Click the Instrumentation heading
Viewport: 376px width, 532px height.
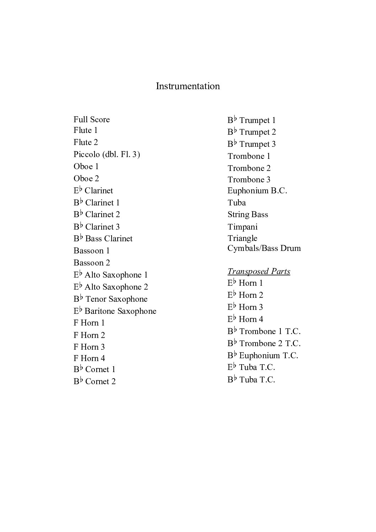(x=188, y=86)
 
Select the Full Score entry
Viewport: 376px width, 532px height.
(x=92, y=119)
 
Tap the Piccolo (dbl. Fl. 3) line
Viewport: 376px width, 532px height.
(x=107, y=154)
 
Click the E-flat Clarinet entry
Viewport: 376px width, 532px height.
(x=93, y=190)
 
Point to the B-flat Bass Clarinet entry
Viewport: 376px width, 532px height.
(x=103, y=238)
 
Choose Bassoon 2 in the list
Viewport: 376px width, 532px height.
(x=92, y=263)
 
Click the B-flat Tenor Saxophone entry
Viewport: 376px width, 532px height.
(x=110, y=299)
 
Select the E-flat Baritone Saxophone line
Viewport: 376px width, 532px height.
(x=115, y=311)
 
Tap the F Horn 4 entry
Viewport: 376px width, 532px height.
(x=89, y=358)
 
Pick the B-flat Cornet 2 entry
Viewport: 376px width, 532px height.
(x=95, y=381)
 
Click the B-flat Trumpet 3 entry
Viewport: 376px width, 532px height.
(x=252, y=144)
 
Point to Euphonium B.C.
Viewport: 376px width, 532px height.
(x=257, y=190)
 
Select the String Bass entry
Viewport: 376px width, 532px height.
(x=248, y=214)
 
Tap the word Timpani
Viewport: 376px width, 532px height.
(x=242, y=227)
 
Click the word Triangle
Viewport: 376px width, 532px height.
(x=242, y=238)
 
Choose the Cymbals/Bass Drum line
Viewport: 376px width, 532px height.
(x=264, y=248)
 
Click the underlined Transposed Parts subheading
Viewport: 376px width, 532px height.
(x=259, y=271)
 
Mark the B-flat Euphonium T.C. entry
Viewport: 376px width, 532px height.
(x=263, y=355)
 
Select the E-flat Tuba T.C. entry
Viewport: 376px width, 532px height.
(x=251, y=367)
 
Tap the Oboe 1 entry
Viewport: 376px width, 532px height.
(x=86, y=166)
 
